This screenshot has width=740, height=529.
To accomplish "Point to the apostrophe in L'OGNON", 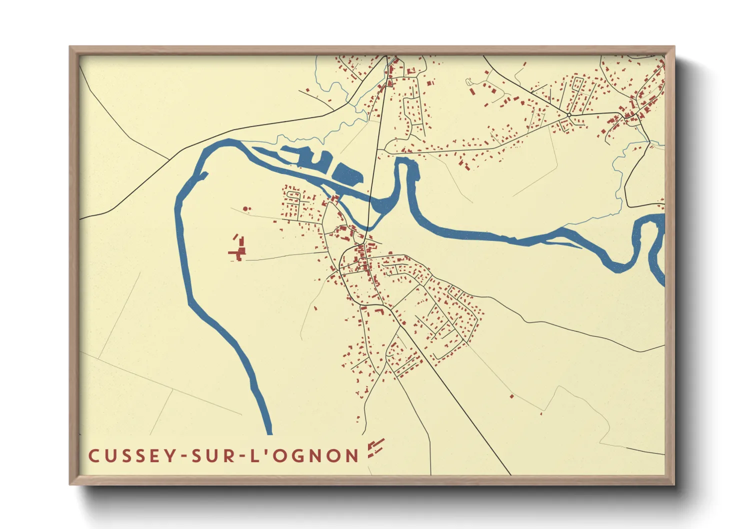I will [265, 451].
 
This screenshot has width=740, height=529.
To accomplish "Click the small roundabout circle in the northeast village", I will [569, 115].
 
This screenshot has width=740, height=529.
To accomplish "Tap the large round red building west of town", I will [245, 208].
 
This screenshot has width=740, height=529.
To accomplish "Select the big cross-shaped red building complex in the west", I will [239, 249].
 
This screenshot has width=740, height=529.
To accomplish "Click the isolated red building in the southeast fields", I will [511, 396].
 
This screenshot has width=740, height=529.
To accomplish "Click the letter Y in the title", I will [171, 455].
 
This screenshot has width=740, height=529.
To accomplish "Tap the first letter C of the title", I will [93, 455].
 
